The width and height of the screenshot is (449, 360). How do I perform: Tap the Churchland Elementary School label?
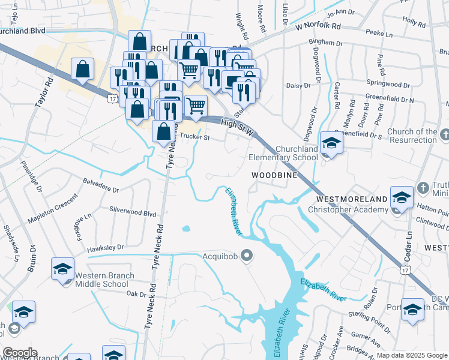point(283,153)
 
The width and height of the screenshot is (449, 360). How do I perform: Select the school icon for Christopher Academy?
point(402,197)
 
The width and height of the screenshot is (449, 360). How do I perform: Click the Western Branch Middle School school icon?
point(62,269)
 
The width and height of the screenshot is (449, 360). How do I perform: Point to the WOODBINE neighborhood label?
point(274,175)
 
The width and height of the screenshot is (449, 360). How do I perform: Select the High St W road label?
point(237,125)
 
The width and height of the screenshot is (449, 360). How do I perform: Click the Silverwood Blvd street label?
point(133,214)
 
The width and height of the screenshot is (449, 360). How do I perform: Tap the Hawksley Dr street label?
point(106,247)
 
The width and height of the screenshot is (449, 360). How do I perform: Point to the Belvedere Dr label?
point(100,185)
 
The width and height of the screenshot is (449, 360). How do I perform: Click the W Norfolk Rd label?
point(318,27)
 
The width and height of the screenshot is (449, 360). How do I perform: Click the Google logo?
point(20,353)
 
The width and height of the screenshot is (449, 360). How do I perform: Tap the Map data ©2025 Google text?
point(412,355)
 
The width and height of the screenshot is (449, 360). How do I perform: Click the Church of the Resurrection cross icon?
point(444,132)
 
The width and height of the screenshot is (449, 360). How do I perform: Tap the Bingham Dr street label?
point(325,43)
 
